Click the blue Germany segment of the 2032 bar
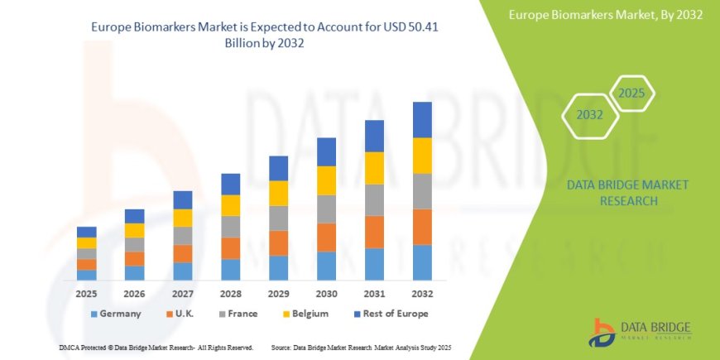[x=422, y=262]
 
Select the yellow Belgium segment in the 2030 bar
[x=327, y=180]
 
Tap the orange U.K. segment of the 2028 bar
[x=231, y=248]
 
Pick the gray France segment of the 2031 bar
[x=374, y=200]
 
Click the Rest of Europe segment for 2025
[x=87, y=232]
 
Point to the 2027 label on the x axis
[x=183, y=294]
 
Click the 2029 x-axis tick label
[x=279, y=294]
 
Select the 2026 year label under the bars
[x=135, y=294]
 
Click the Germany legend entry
[x=115, y=314]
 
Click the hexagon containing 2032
[x=590, y=115]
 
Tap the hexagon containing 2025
[x=631, y=93]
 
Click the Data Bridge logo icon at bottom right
[x=602, y=331]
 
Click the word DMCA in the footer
[x=70, y=348]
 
